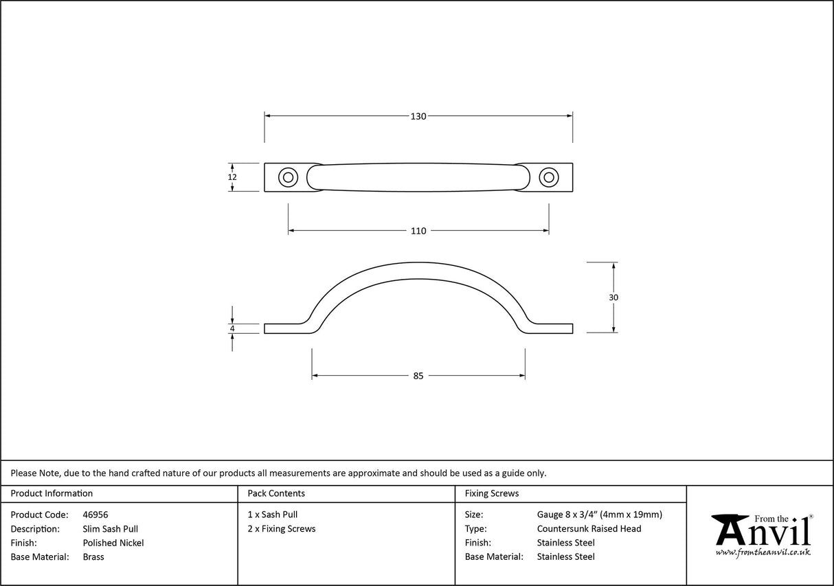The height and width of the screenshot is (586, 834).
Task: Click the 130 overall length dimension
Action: (x=418, y=116)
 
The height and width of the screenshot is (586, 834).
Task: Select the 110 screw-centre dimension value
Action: (x=418, y=231)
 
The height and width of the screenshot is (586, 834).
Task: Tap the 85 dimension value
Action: (x=418, y=376)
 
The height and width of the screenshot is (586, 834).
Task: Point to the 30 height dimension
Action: (x=613, y=297)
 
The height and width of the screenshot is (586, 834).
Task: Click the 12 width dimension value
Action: (x=232, y=177)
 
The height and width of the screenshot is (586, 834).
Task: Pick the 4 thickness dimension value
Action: (x=233, y=329)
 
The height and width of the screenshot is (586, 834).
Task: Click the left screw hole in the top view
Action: (x=288, y=177)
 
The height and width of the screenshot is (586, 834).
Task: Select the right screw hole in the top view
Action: (x=548, y=177)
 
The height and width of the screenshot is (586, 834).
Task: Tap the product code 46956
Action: (x=95, y=515)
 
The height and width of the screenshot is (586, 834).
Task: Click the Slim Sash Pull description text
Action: (x=110, y=529)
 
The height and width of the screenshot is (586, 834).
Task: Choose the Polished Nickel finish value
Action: (x=113, y=543)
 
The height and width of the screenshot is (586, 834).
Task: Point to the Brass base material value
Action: (x=93, y=557)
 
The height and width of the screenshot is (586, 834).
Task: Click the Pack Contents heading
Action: (x=276, y=493)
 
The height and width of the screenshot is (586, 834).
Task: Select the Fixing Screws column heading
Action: (x=492, y=493)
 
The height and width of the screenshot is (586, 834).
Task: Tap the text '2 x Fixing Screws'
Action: (x=282, y=529)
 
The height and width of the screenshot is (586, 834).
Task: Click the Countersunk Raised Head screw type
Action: (x=589, y=529)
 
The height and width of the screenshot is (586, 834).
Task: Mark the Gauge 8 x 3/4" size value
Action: (x=599, y=515)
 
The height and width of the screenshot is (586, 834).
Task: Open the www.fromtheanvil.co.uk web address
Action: (x=763, y=552)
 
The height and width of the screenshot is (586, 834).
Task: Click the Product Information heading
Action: (x=52, y=493)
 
